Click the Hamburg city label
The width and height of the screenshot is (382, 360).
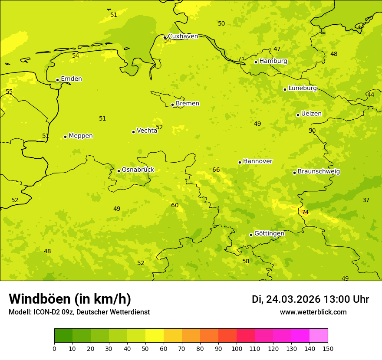pyautogui.click(x=273, y=61)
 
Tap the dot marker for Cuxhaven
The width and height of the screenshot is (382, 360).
pyautogui.click(x=165, y=37)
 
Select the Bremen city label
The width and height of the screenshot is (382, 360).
pyautogui.click(x=187, y=104)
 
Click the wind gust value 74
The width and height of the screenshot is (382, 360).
pyautogui.click(x=305, y=212)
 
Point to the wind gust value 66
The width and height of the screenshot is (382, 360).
pyautogui.click(x=216, y=170)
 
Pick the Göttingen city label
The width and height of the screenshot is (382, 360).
pyautogui.click(x=269, y=233)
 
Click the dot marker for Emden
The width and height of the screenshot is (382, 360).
pyautogui.click(x=57, y=80)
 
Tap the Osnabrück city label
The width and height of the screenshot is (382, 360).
pyautogui.click(x=138, y=170)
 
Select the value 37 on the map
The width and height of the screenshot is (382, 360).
pyautogui.click(x=366, y=200)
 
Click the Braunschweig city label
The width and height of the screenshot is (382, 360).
pyautogui.click(x=319, y=171)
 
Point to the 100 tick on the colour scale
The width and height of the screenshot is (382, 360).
pyautogui.click(x=237, y=348)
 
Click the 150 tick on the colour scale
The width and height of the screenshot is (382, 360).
pyautogui.click(x=328, y=348)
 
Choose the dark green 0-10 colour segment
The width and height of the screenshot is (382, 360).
pyautogui.click(x=63, y=336)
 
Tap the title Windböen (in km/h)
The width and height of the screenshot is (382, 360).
pyautogui.click(x=70, y=299)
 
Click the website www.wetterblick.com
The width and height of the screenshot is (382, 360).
pyautogui.click(x=313, y=312)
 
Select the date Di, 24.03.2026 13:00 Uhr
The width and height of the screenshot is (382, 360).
pyautogui.click(x=310, y=299)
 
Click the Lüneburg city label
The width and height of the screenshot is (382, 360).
pyautogui.click(x=303, y=88)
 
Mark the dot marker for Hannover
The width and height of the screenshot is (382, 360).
pyautogui.click(x=240, y=162)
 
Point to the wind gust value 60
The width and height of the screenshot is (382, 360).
pyautogui.click(x=175, y=205)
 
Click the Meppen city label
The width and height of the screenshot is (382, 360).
pyautogui.click(x=81, y=136)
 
